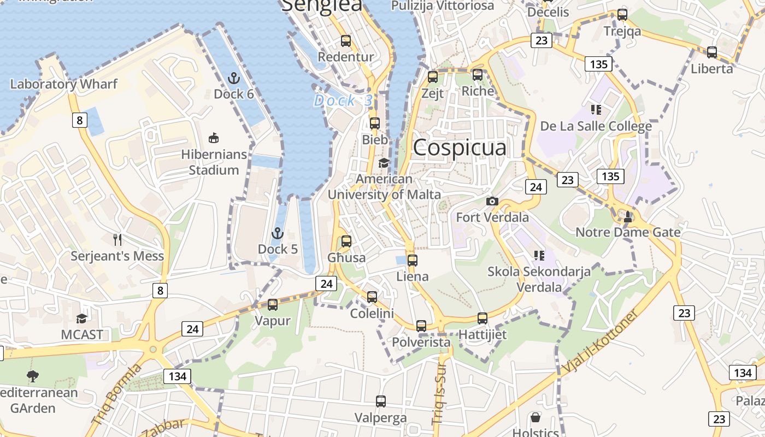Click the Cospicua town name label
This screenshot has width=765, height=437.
coord(460,148)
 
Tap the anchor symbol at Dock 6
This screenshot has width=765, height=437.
coord(234,78)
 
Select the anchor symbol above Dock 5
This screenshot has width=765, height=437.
coord(278,234)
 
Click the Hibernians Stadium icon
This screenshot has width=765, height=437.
coord(214,138)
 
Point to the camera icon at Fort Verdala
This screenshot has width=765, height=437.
coord(492,201)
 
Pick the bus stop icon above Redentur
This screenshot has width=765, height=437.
coord(345,41)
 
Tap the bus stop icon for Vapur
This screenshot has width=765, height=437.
coord(272,305)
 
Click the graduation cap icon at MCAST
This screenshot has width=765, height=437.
coord(81,318)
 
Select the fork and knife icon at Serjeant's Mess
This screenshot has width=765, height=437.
coord(117,239)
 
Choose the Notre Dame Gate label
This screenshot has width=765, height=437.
coord(628,233)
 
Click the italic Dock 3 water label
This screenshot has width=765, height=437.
coord(343,101)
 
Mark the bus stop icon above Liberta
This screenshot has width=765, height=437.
coord(711,52)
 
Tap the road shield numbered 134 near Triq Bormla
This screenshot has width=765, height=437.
coord(177,376)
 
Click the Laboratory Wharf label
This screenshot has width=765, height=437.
coord(64,84)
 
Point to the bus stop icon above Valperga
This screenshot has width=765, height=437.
coord(380,401)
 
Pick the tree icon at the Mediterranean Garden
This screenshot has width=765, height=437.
coord(33,376)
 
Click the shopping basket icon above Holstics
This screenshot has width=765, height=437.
coord(535,418)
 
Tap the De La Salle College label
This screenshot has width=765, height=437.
coord(596,126)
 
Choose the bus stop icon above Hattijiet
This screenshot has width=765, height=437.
coord(482,318)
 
